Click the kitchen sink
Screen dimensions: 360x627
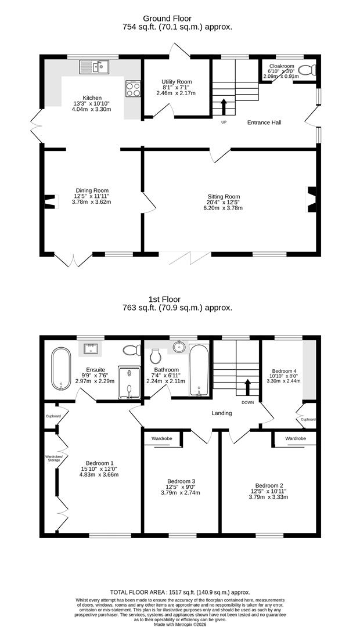pos(94,67)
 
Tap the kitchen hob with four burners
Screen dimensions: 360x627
pos(134,89)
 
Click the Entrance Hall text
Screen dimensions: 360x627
pos(264,122)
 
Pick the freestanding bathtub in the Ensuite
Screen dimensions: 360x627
pos(61,369)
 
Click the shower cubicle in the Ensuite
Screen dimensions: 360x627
pos(129,382)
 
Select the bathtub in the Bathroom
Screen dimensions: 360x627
pos(199,370)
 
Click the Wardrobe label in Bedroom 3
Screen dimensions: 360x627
pos(161,439)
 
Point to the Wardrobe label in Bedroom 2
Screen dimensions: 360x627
pos(296,439)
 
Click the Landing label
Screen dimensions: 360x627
pos(222,413)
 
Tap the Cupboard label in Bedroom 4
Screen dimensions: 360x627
pos(308,420)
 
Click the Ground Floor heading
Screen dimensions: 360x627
pos(167,19)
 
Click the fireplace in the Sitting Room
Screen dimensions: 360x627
pos(311,199)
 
